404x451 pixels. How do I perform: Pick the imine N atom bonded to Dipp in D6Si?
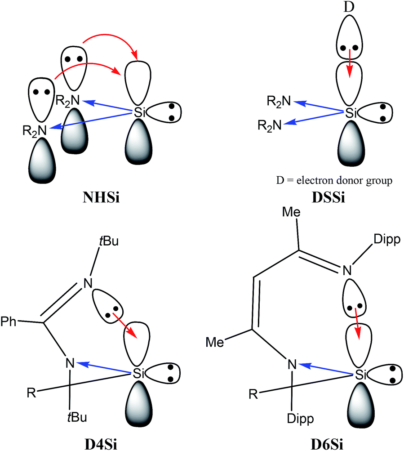[347, 270]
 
